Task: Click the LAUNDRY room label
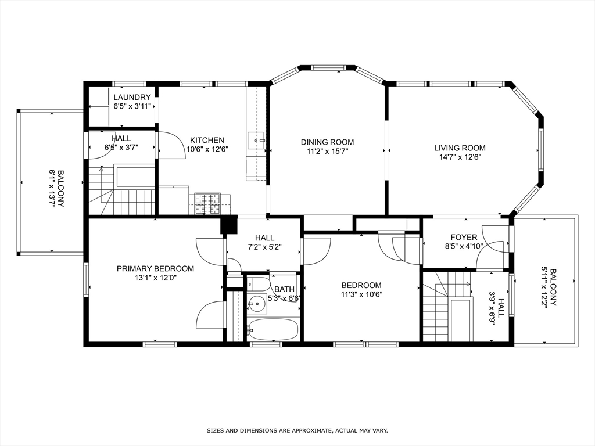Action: click(x=132, y=98)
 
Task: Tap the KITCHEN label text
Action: click(x=207, y=140)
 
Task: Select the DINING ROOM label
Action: click(x=328, y=142)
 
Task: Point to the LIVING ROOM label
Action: click(x=460, y=148)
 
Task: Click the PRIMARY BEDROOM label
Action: click(x=155, y=268)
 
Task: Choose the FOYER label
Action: click(x=464, y=238)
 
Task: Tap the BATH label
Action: click(x=284, y=289)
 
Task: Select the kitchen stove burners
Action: click(x=207, y=203)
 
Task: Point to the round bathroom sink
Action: click(x=257, y=304)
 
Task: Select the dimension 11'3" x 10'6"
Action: click(x=361, y=294)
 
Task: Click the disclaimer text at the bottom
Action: click(x=297, y=430)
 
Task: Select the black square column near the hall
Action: click(x=229, y=224)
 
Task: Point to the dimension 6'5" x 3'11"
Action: click(x=132, y=107)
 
